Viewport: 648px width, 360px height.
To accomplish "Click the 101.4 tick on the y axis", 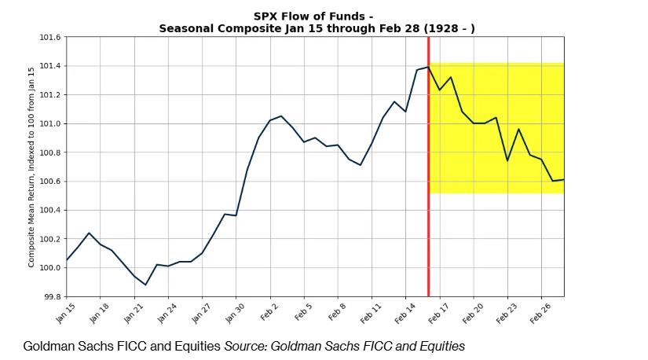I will click(x=51, y=66).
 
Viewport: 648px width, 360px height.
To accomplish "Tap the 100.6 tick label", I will click(x=51, y=182).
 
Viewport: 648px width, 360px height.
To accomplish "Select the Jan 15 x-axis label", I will click(x=66, y=313).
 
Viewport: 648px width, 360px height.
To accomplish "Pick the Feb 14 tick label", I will click(x=405, y=313).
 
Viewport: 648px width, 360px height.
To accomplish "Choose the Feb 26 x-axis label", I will click(x=541, y=313).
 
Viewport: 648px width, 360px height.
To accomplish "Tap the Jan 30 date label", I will click(x=235, y=313).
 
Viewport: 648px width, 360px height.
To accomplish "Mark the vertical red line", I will click(x=428, y=197).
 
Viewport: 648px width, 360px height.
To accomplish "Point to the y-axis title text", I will click(x=32, y=167).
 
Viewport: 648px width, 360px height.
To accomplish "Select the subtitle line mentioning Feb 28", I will click(x=317, y=28).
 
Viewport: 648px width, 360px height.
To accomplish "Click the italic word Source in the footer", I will click(x=245, y=346).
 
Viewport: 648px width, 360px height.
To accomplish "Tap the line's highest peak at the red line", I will click(x=428, y=67).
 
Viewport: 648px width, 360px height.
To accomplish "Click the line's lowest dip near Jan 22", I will click(x=145, y=285).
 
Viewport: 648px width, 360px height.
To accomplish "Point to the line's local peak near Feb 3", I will click(x=280, y=116).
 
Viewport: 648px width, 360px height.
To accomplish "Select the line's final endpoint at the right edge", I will click(x=563, y=179).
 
